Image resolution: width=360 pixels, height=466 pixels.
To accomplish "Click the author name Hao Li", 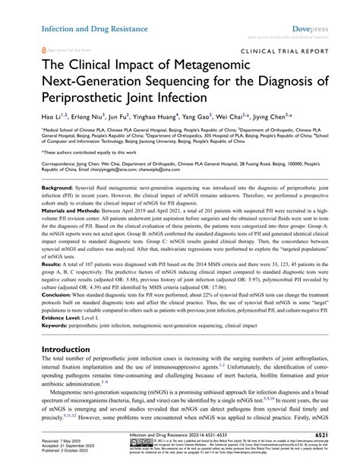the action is [52, 117].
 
